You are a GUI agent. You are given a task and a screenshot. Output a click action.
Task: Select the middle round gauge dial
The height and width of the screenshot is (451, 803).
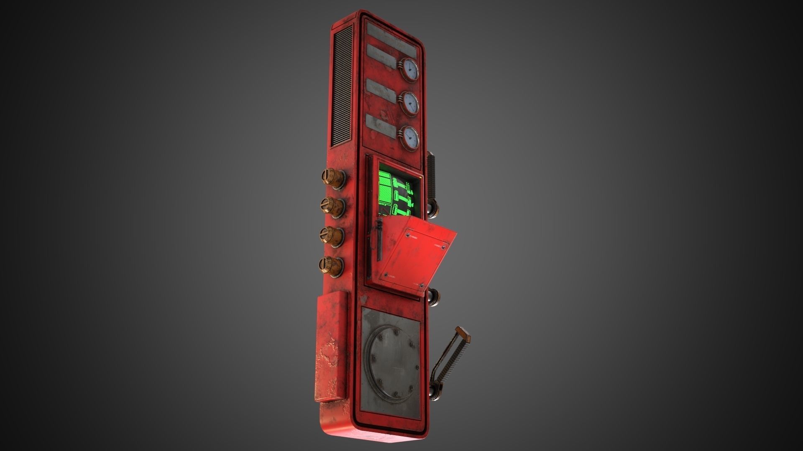coord(410,104)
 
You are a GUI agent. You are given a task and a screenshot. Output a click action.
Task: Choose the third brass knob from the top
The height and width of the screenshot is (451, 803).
coord(332,236)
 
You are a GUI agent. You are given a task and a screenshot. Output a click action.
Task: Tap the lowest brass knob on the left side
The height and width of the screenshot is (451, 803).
coord(332,266)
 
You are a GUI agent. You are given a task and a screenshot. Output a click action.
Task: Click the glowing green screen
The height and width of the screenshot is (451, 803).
coord(395,193)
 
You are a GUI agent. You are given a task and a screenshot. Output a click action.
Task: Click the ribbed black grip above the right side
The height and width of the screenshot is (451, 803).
coord(432,175)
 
